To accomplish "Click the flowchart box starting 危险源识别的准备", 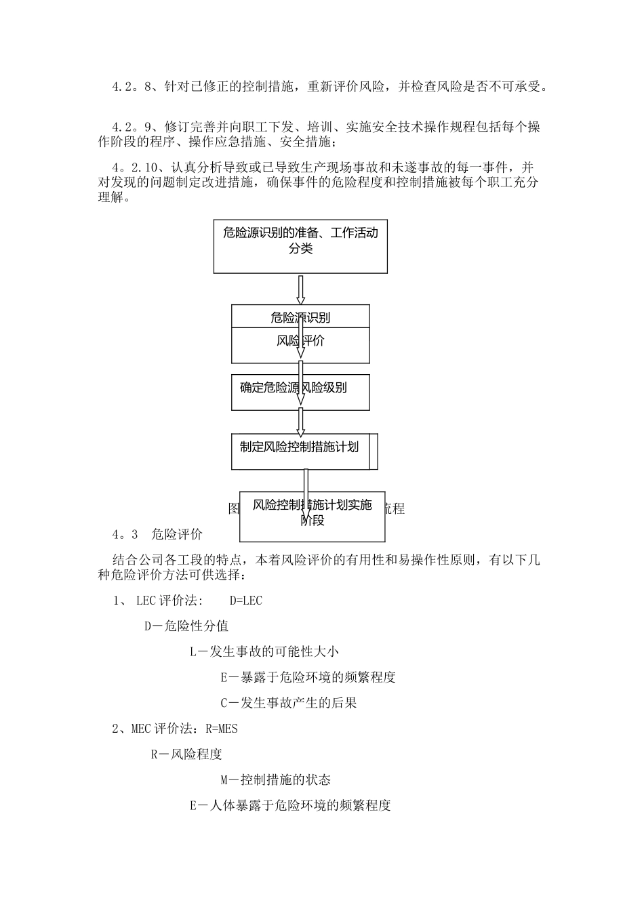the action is (300, 246).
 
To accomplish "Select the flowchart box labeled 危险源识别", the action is (300, 317).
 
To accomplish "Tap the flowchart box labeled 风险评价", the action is (300, 346).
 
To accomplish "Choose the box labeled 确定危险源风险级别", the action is (300, 392).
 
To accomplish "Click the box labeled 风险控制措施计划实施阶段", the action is (313, 517).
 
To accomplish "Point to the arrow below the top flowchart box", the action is (301, 289).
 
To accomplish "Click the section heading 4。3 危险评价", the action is (157, 534).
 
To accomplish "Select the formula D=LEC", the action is (246, 601).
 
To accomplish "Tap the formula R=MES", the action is (221, 729).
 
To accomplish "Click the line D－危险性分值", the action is (186, 626).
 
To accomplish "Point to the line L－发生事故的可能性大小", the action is (264, 652).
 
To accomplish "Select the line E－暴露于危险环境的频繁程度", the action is (308, 677).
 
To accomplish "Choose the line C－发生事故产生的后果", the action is (289, 703).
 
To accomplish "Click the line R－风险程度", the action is (186, 754).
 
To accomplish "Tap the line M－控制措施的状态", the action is (276, 780).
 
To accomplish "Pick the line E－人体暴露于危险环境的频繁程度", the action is (290, 806).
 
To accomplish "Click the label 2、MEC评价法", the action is (153, 729).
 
